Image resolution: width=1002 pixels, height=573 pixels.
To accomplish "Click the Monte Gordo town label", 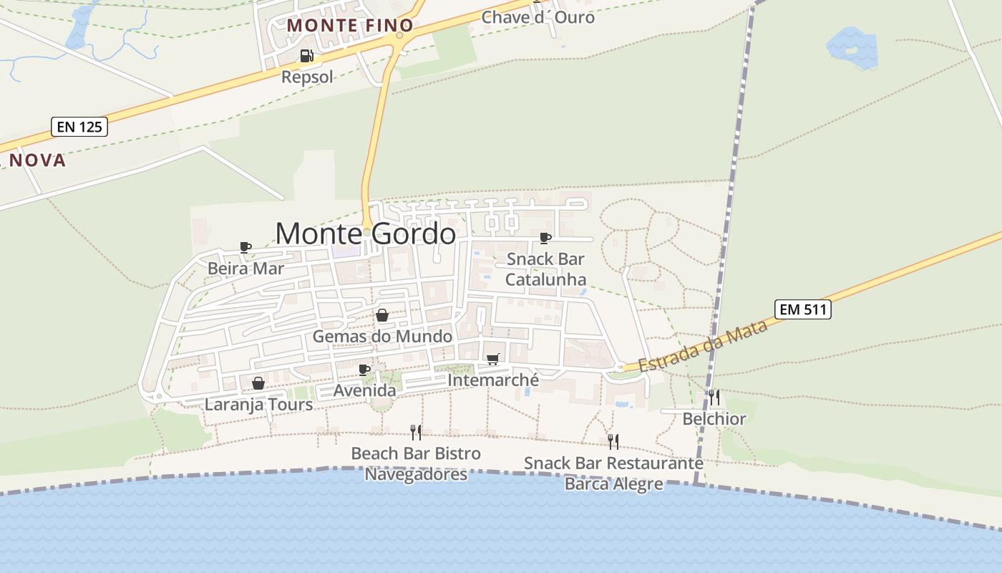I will pos(365,234).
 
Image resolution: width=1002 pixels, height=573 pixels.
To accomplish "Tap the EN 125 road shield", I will pos(79,127).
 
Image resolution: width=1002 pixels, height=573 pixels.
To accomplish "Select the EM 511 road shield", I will pos(802,309).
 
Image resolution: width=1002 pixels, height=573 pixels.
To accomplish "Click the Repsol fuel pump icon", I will pos(306,56).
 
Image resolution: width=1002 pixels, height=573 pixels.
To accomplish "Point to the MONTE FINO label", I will pos(342,25).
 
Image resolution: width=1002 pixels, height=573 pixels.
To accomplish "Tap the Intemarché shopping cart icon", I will pos(492,359).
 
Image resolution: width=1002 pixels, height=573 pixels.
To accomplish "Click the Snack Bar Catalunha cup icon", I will pos(545,238).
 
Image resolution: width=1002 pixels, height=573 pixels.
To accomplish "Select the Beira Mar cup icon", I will pos(245,247).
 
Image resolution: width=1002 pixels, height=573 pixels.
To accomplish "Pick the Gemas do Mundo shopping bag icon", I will pos(382,315).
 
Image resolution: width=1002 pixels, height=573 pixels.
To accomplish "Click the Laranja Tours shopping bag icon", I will pos(258,383).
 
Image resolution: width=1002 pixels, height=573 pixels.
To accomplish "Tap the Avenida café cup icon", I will pos(364,370).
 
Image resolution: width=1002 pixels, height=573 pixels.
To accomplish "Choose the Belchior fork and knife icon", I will pos(714,397).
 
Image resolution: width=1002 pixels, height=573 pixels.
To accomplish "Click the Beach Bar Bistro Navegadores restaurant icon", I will pos(416,432).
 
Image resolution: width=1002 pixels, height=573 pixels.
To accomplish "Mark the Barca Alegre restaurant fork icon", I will pos(613,441).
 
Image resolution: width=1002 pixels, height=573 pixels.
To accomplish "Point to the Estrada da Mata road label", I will pos(702,346).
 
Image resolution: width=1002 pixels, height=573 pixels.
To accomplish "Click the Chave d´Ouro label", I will pos(538,16).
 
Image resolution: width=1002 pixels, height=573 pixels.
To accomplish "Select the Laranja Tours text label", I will pos(258,405).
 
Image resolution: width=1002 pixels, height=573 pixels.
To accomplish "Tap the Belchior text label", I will pos(714,419).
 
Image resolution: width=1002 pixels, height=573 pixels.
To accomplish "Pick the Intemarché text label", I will pos(492,380).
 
